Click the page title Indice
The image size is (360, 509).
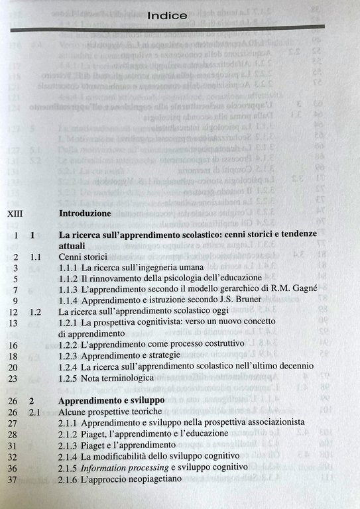167,14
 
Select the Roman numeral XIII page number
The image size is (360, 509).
17,215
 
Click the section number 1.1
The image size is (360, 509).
36,257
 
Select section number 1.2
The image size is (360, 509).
36,311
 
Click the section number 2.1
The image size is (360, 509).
36,412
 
